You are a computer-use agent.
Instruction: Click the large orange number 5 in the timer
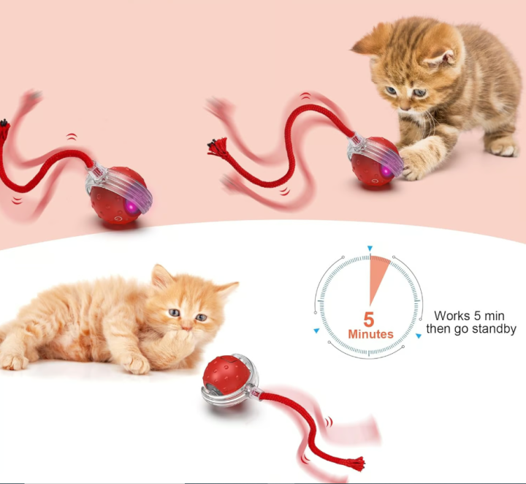[x=370, y=319]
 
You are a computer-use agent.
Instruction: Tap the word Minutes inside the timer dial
[x=370, y=334]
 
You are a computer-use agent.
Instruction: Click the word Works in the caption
[x=451, y=316]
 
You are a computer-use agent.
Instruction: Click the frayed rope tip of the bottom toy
[x=356, y=462]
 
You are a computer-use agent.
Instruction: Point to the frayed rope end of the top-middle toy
[x=217, y=147]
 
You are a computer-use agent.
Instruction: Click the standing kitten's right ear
[x=445, y=53]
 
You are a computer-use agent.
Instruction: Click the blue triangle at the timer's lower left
[x=316, y=331]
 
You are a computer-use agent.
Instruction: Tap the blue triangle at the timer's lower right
[x=419, y=336]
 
